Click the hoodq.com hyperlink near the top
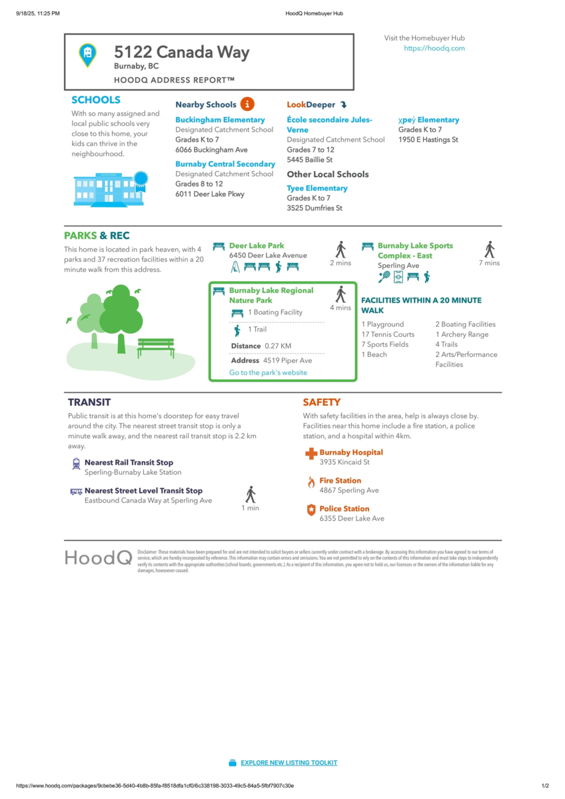[x=434, y=49]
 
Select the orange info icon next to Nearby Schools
[x=247, y=104]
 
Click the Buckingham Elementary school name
[x=220, y=120]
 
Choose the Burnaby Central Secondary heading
[x=225, y=164]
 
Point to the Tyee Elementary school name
[x=317, y=188]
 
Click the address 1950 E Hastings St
[x=428, y=140]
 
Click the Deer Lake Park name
[x=257, y=246]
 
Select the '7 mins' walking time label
[x=489, y=263]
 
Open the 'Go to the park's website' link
[x=268, y=373]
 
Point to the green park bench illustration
[x=156, y=346]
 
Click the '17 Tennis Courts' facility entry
[x=388, y=334]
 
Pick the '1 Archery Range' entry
[x=462, y=334]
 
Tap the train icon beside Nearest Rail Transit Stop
[x=76, y=463]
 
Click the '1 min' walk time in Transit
[x=250, y=508]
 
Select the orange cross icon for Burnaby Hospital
[x=310, y=454]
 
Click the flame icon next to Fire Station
[x=310, y=482]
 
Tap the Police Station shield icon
[x=310, y=510]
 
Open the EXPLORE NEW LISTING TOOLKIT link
[x=288, y=762]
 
